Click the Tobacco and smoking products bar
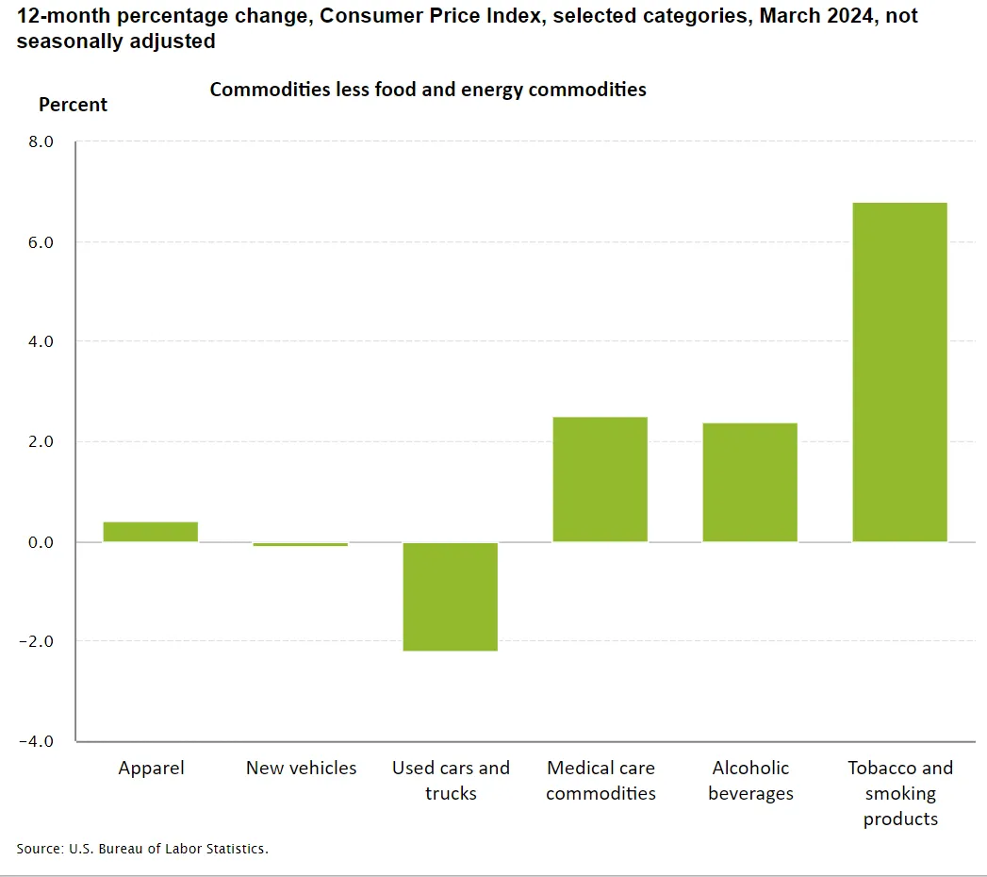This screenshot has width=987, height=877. (899, 372)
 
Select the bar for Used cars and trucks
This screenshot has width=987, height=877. (450, 596)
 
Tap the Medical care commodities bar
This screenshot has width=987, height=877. (600, 479)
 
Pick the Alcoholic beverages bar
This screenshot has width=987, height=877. (749, 482)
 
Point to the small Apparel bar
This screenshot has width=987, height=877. (150, 532)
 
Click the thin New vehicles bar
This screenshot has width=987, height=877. (300, 544)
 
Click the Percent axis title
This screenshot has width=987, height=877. (73, 105)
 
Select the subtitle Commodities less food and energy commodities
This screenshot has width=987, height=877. (427, 90)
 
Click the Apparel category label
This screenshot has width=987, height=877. (151, 769)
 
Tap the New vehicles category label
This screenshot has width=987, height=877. (301, 769)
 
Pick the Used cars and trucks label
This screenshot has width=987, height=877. (451, 780)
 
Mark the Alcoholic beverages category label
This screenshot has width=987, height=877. (750, 780)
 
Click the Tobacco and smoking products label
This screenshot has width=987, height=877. (900, 793)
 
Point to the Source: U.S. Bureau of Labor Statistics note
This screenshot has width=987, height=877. (142, 849)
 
